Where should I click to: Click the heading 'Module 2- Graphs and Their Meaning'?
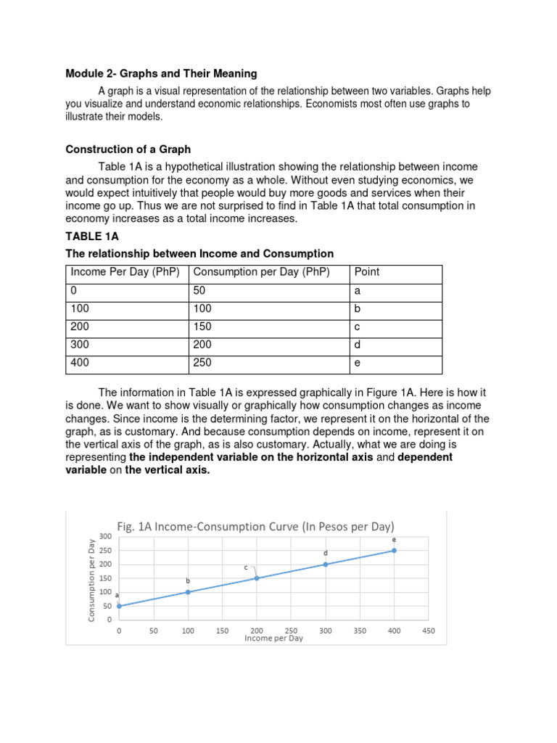pos(161,73)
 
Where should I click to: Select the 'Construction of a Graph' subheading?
pos(128,149)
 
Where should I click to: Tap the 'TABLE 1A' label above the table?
pos(92,237)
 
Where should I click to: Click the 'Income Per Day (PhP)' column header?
pos(126,272)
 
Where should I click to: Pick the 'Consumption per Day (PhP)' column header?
pos(261,272)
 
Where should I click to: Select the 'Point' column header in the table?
pos(367,272)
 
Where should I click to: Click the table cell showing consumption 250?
pos(204,363)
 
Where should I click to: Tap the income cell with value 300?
pos(80,345)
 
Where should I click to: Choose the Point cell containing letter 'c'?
pos(357,327)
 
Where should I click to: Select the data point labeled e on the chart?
pos(394,551)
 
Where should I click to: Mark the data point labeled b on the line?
pos(188,592)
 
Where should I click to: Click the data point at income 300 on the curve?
pos(325,565)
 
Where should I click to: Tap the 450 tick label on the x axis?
pos(428,631)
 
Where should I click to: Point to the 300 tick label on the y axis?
pos(106,536)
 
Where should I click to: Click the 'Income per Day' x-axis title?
pos(273,639)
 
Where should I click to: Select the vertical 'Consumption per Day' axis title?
pos(91,580)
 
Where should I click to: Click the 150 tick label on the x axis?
pos(222,631)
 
